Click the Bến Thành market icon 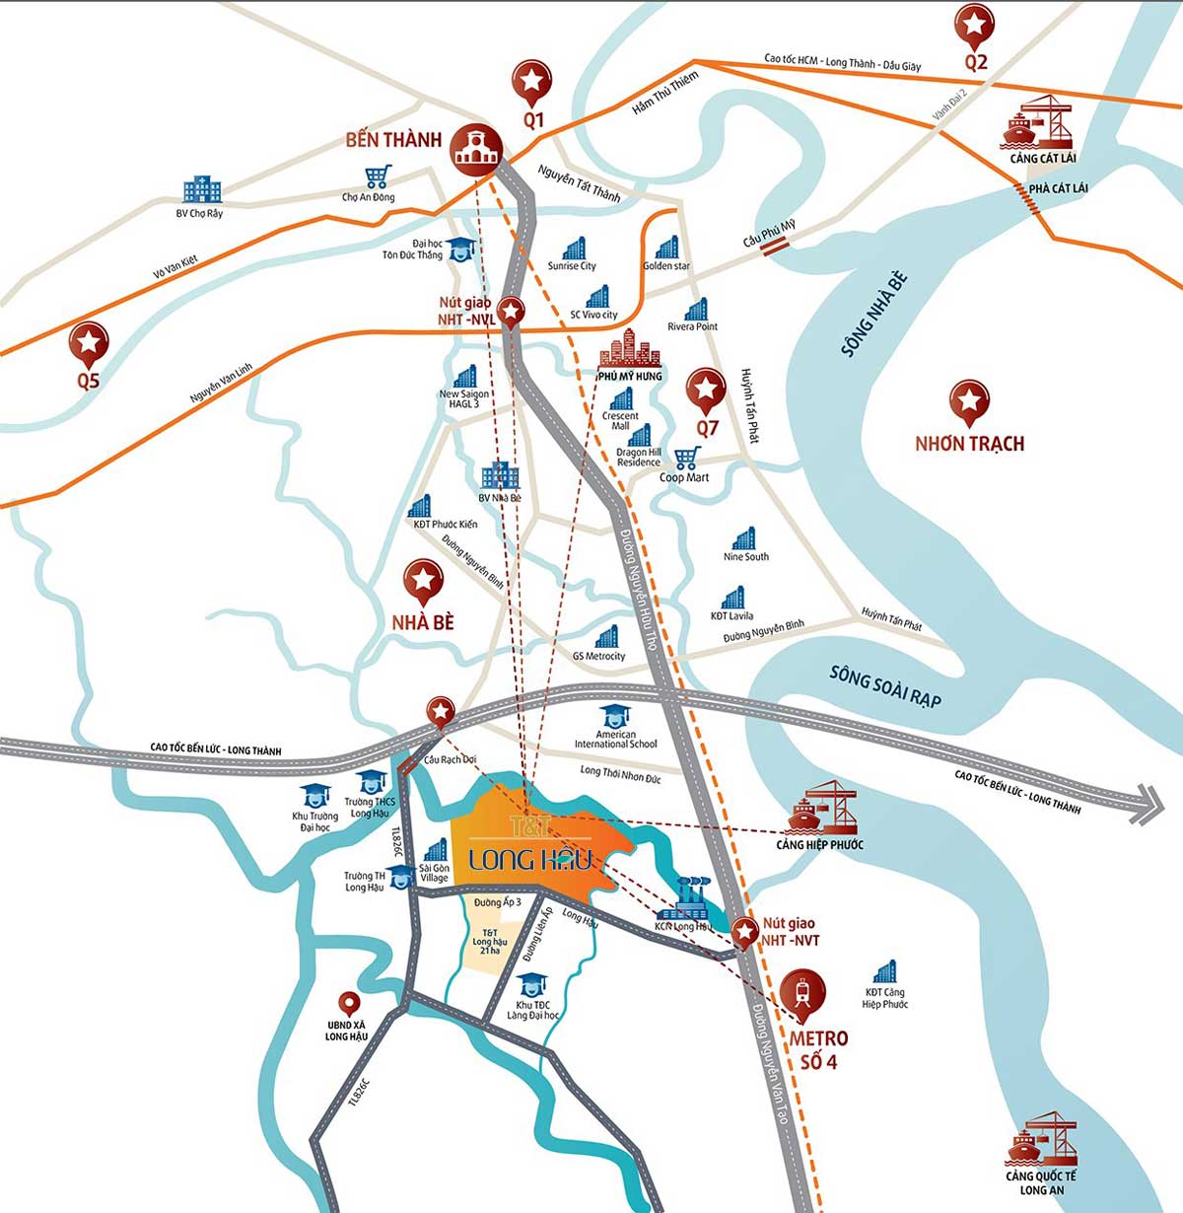pos(477,149)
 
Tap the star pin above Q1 pos(532,80)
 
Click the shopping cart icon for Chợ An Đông pos(377,177)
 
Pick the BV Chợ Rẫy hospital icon pos(201,190)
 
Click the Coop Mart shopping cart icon pos(687,458)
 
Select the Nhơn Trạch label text pos(969,444)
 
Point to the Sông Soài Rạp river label pos(884,686)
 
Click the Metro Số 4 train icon pos(803,992)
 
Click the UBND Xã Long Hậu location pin pos(348,1005)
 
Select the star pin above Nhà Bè pos(424,579)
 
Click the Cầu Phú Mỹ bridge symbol pos(772,248)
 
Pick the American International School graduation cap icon pos(615,715)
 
